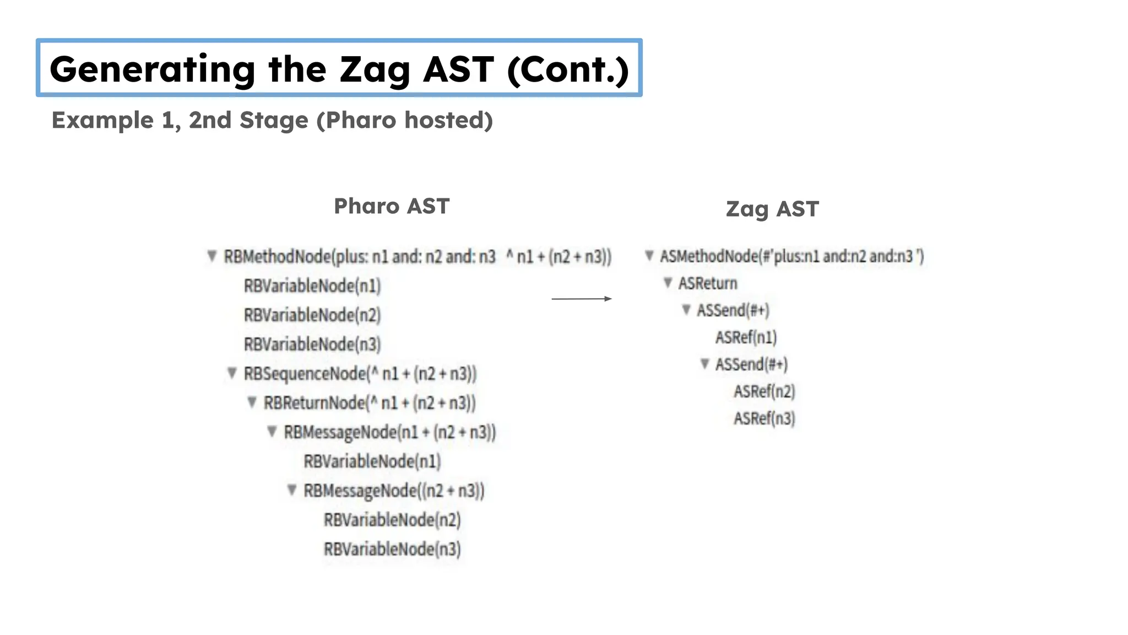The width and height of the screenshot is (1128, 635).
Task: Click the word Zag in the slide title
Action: [375, 70]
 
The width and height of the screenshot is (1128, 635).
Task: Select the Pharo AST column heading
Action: [392, 206]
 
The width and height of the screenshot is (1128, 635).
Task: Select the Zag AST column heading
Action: [772, 209]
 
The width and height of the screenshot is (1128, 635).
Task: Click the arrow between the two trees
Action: [581, 299]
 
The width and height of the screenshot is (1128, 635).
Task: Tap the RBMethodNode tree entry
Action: [417, 257]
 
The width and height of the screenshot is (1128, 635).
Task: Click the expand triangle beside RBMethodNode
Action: [211, 256]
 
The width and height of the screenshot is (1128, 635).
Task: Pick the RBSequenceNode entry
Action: [360, 374]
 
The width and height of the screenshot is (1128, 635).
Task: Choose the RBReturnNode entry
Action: [369, 403]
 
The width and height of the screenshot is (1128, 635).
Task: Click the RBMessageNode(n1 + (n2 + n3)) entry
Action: [389, 432]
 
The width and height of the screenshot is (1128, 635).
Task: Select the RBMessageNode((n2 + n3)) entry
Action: [393, 491]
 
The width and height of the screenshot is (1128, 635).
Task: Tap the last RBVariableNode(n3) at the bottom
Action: [392, 549]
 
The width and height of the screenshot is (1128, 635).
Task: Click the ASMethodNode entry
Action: [791, 256]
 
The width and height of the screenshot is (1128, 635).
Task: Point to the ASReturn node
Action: [707, 283]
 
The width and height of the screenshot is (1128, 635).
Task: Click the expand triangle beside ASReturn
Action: [668, 283]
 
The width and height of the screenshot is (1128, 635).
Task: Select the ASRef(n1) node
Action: [746, 337]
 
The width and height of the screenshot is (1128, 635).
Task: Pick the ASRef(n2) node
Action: [764, 391]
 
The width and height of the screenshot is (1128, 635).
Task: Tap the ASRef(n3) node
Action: [764, 418]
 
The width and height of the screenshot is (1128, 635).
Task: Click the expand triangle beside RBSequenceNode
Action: [232, 373]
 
